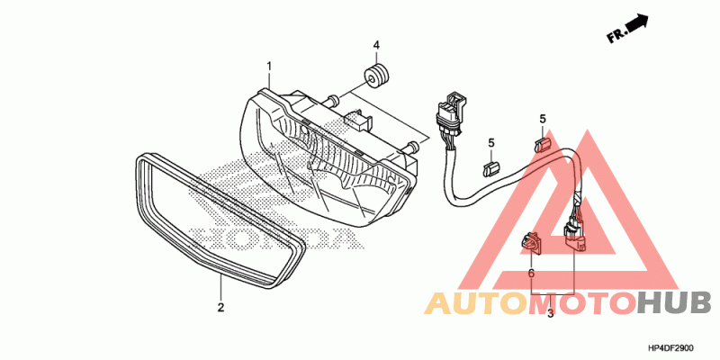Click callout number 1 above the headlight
(x=268, y=66)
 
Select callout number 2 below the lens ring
(x=220, y=307)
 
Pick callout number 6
(x=531, y=273)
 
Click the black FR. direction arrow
(x=637, y=24)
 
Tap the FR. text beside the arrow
(x=616, y=36)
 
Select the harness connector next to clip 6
(x=571, y=236)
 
